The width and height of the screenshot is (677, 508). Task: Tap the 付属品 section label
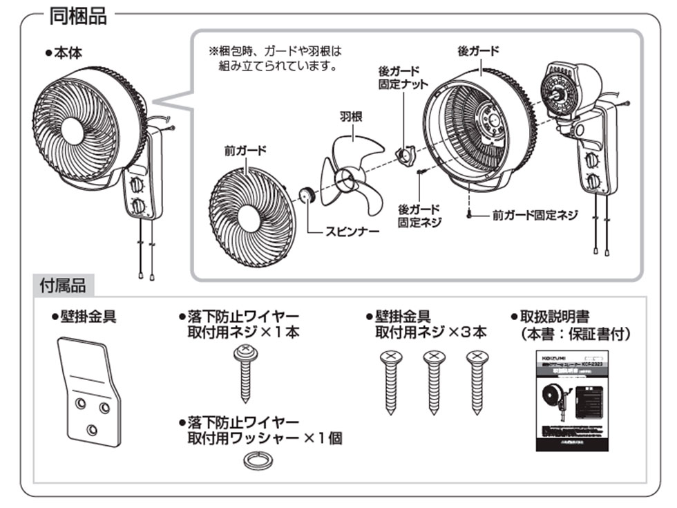64,285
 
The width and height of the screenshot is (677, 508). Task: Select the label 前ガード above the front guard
245,150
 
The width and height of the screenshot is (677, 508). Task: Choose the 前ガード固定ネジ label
535,215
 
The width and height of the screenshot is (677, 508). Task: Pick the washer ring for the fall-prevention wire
257,460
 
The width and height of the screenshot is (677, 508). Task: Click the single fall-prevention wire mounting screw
245,373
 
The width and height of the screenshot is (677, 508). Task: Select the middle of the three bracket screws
433,380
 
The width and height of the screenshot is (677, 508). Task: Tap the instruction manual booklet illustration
571,400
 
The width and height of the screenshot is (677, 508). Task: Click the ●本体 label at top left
64,53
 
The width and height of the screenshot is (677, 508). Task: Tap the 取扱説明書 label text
554,317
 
